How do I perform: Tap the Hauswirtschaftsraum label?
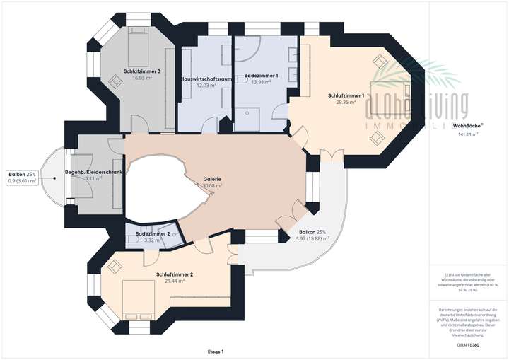coord(205,78)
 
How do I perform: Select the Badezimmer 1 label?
coord(261,75)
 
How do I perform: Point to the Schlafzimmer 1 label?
coord(346,95)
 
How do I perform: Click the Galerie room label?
coord(212,180)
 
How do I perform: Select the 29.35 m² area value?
coord(346,102)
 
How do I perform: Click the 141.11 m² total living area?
coord(469,134)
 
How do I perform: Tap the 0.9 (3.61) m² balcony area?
coord(22,180)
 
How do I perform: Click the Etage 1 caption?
coord(216,352)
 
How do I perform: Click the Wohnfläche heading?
coord(468,126)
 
